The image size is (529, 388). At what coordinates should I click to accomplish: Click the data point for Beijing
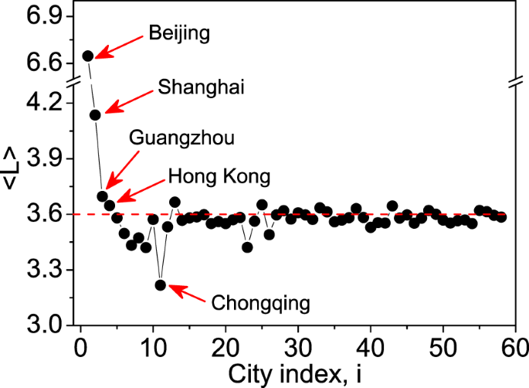88,56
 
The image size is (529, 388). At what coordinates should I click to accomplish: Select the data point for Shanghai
95,114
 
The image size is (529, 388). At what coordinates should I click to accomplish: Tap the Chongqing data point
161,284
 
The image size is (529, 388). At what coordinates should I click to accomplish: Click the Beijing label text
179,34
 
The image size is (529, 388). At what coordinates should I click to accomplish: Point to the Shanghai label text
201,87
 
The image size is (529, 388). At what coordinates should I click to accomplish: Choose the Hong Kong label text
219,177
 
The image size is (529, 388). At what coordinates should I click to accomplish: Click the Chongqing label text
259,302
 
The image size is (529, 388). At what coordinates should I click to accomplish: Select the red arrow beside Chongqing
188,292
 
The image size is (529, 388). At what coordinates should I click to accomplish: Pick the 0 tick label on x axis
80,345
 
